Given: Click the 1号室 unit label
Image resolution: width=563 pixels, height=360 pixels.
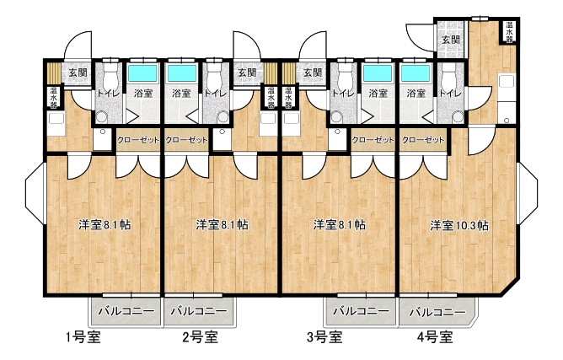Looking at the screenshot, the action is (83, 337).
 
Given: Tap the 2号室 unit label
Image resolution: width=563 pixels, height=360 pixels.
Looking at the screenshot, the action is (201, 337).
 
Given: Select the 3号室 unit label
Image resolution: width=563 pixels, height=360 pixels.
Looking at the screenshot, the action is (324, 337).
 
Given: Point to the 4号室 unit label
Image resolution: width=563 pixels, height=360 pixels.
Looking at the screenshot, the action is (435, 337).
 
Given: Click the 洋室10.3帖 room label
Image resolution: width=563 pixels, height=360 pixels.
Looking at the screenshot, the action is (459, 226).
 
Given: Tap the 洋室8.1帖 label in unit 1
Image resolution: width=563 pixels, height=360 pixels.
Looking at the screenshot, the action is (105, 225).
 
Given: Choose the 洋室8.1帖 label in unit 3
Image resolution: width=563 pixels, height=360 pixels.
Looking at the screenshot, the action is (340, 225).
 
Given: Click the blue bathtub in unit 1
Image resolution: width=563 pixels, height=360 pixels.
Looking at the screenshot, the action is (143, 73).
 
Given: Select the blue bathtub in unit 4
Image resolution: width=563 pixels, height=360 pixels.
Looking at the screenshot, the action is (416, 73).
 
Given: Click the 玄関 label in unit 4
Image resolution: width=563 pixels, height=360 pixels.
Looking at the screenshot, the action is (451, 40).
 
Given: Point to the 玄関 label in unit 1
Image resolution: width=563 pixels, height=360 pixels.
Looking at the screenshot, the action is (78, 73).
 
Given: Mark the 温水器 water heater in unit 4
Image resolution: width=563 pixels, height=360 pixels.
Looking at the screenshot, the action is (509, 32).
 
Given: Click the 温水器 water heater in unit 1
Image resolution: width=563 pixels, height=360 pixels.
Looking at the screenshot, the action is (53, 97).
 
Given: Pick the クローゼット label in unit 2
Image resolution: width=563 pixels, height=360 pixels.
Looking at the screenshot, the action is (186, 140).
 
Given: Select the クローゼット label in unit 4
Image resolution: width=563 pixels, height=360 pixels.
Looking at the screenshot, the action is (423, 140).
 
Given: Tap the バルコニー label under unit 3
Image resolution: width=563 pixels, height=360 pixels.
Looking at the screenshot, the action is (361, 310).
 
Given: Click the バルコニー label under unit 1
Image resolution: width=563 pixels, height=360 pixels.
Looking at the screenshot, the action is (126, 310).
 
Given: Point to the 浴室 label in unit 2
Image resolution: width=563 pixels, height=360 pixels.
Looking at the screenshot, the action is (181, 94).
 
